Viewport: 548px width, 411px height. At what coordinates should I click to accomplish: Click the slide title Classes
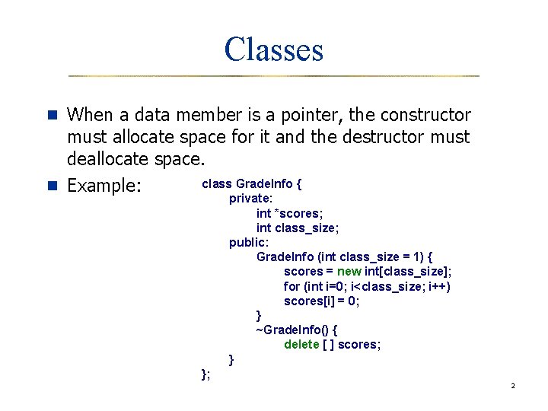pos(274,50)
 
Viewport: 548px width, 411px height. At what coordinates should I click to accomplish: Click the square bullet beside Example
pos(53,185)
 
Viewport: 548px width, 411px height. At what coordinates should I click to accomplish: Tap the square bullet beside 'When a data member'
pos(53,115)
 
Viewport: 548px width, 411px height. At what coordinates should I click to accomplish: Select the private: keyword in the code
pos(250,199)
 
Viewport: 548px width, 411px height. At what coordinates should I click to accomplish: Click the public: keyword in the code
pos(247,243)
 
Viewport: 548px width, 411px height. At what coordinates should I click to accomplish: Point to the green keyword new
pos(349,272)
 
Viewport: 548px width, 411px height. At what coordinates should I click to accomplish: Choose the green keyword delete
pos(302,345)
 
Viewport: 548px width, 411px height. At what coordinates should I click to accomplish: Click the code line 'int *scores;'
pos(288,214)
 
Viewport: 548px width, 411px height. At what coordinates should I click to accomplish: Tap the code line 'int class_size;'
pos(298,228)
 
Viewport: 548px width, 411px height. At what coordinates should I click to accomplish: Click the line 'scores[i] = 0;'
pos(321,301)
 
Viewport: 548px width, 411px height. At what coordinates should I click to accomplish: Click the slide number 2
pos(513,386)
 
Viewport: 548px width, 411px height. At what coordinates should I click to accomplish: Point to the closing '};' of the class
pos(205,373)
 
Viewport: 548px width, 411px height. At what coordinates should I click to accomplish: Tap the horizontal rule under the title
pos(274,76)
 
